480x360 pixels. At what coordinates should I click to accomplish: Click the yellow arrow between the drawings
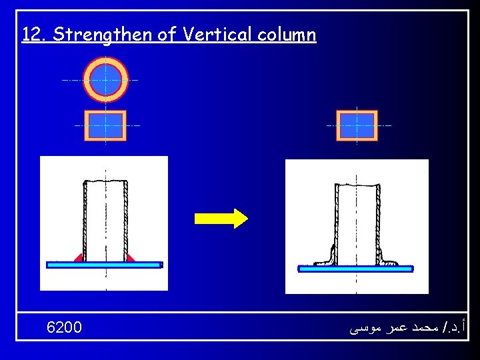click(x=221, y=218)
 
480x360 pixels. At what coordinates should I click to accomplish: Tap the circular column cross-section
click(x=105, y=79)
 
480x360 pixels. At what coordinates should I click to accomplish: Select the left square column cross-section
click(x=105, y=125)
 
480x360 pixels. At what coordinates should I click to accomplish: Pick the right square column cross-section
click(x=357, y=125)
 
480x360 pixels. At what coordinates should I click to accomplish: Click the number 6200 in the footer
click(x=65, y=327)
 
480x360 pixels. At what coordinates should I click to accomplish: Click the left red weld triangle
click(x=79, y=257)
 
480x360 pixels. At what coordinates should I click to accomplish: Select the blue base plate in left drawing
click(x=103, y=265)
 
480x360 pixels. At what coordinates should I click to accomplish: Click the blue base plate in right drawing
click(x=355, y=269)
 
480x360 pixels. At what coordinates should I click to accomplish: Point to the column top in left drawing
click(x=105, y=181)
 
